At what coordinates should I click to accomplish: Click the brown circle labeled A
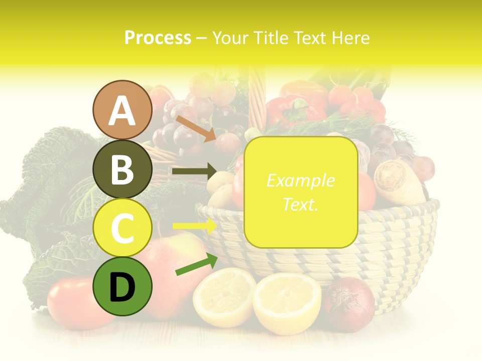click(x=122, y=110)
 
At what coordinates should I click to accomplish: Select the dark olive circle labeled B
click(x=122, y=169)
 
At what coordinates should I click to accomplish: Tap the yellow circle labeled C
click(x=122, y=228)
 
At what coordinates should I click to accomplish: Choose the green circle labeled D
click(x=122, y=286)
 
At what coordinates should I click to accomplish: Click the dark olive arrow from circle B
click(x=194, y=171)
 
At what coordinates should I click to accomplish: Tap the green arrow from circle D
click(x=196, y=265)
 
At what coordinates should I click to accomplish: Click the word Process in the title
click(x=158, y=38)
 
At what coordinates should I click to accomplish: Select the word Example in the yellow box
click(x=300, y=180)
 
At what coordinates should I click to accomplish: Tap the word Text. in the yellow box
click(x=300, y=204)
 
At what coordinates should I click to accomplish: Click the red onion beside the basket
click(x=349, y=303)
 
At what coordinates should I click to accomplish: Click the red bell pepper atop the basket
click(x=294, y=108)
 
